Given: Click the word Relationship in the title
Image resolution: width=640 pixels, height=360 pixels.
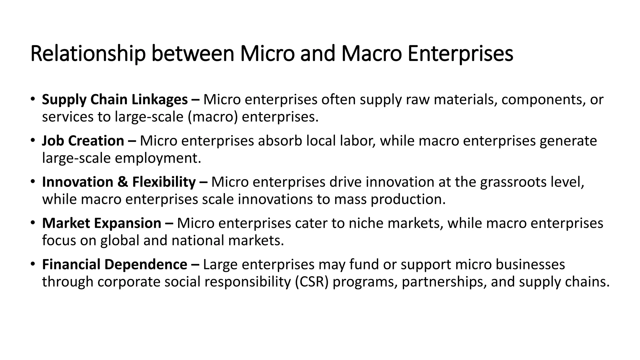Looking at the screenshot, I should pyautogui.click(x=88, y=54).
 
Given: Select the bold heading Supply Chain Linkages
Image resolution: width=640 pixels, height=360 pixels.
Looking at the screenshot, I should pyautogui.click(x=115, y=100).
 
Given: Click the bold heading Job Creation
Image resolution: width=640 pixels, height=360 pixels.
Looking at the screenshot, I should pyautogui.click(x=83, y=141).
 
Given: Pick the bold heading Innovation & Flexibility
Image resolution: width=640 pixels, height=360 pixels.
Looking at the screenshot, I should pyautogui.click(x=119, y=182).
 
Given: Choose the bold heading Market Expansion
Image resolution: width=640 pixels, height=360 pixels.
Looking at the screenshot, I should pyautogui.click(x=102, y=223).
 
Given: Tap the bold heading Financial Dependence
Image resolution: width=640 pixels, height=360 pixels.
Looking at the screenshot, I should pyautogui.click(x=114, y=265).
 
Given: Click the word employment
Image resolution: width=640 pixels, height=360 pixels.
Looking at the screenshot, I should pyautogui.click(x=158, y=158).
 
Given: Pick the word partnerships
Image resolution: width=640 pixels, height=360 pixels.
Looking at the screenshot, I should pyautogui.click(x=444, y=282).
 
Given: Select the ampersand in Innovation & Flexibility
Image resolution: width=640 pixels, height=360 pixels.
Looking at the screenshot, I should pyautogui.click(x=123, y=182).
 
